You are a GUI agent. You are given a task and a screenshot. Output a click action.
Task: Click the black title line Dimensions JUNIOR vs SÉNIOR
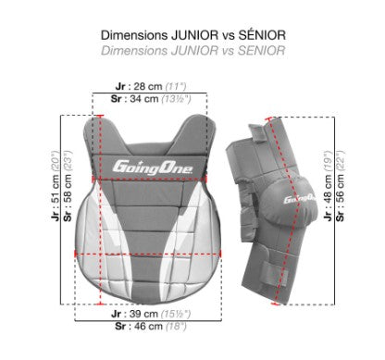[193, 35]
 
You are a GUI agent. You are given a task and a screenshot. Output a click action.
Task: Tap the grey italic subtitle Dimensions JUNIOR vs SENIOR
[193, 51]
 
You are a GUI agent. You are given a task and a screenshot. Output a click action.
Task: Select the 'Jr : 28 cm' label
[139, 86]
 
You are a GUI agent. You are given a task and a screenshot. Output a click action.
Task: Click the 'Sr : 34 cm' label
[135, 99]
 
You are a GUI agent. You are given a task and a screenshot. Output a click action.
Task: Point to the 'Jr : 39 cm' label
[134, 314]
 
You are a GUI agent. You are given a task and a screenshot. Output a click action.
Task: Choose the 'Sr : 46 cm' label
[139, 326]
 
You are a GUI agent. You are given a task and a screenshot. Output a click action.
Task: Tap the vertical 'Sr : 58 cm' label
[68, 198]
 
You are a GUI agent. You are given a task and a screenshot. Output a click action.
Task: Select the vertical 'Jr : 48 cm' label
[328, 198]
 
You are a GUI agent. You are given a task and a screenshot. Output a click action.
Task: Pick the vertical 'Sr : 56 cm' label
[341, 198]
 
